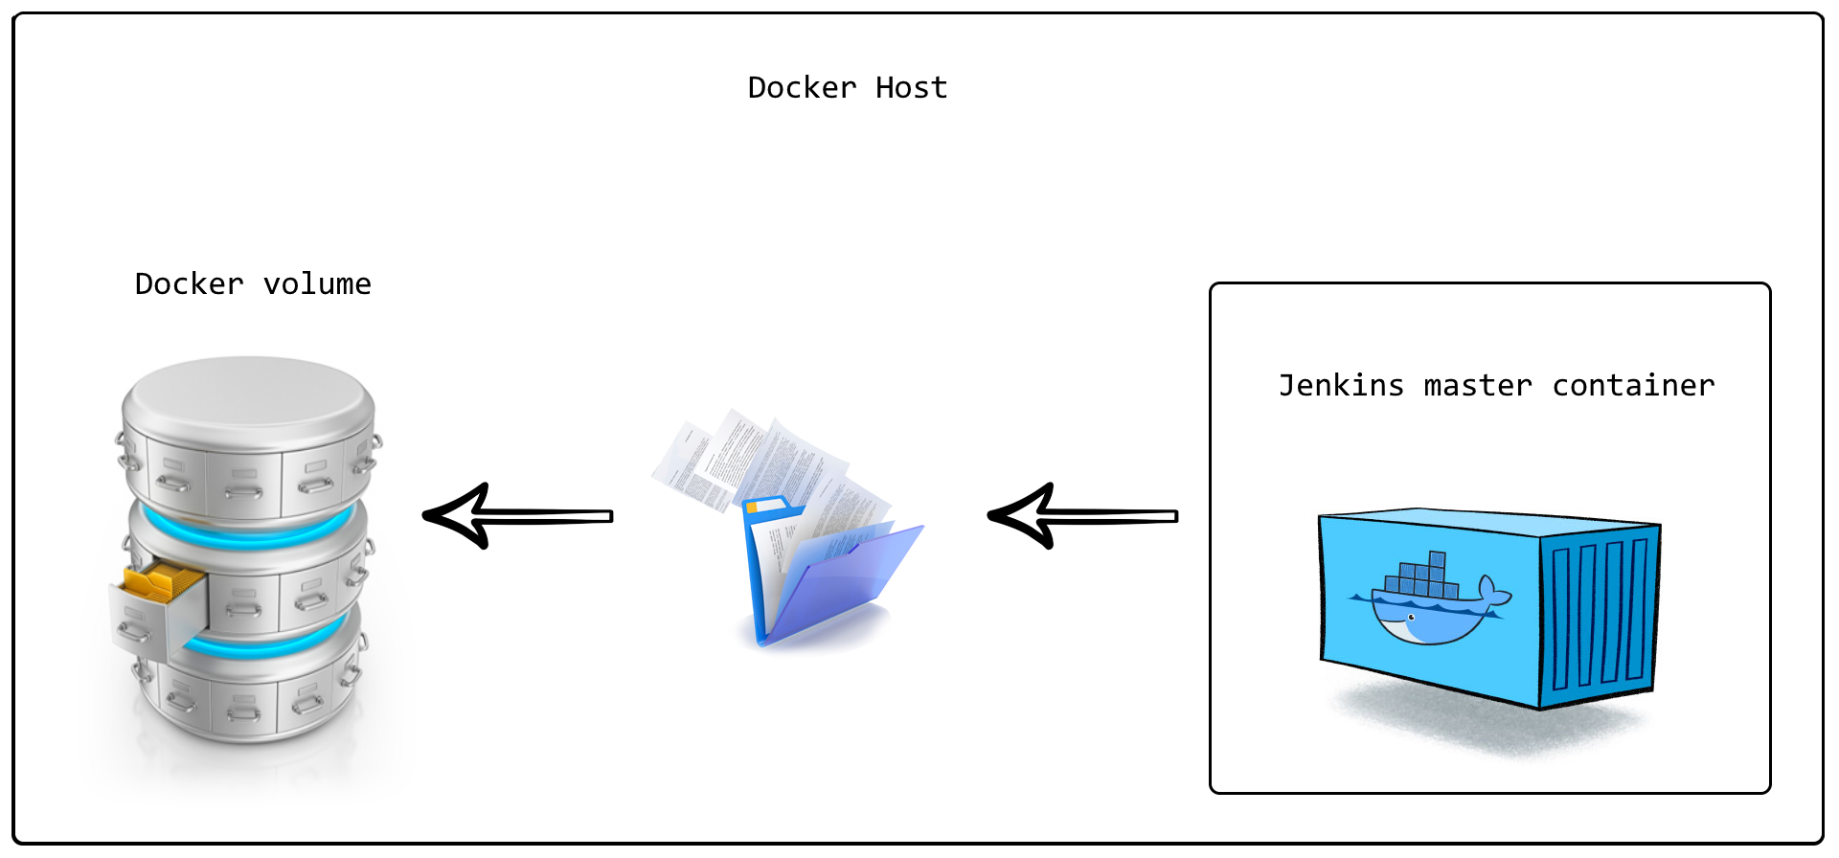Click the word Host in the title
coord(911,88)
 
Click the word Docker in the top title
coord(802,88)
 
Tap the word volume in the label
coord(317,284)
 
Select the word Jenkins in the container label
coord(1341,386)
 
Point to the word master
coord(1478,386)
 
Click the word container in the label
coord(1633,386)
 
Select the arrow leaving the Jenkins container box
coord(1082,516)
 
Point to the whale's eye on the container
coord(1411,618)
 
